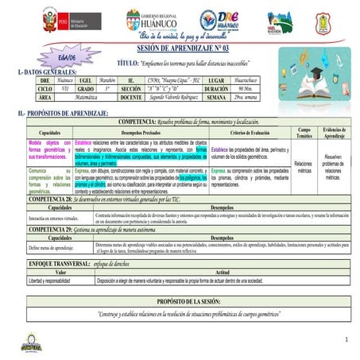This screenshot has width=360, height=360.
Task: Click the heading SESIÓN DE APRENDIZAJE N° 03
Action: [x=182, y=48]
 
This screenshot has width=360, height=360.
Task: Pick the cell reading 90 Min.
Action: [x=244, y=89]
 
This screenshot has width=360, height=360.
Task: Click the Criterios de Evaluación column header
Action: [x=251, y=132]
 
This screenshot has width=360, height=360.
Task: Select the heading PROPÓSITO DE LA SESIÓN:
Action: [x=183, y=302]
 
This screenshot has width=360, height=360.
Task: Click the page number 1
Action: [x=346, y=339]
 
